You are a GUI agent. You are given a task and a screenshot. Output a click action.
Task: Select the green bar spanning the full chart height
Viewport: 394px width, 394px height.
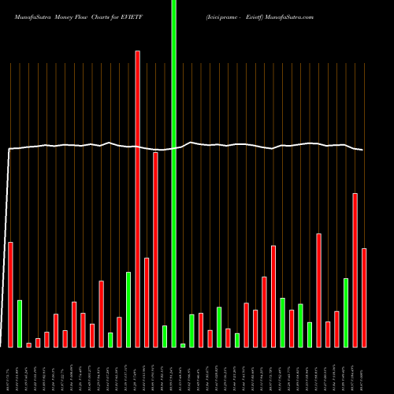click(x=173, y=173)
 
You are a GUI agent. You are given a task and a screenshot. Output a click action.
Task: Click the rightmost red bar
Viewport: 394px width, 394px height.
click(x=364, y=297)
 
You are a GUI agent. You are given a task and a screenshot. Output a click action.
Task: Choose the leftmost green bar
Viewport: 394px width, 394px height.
click(x=20, y=323)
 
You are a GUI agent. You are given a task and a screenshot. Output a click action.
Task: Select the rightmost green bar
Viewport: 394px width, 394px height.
click(x=346, y=312)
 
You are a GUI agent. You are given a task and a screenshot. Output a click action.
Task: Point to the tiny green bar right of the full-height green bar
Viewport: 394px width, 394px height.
click(x=183, y=345)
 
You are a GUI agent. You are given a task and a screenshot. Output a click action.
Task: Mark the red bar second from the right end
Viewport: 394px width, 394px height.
click(x=355, y=269)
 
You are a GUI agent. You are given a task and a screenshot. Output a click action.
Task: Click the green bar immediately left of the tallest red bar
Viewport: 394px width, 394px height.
click(x=128, y=309)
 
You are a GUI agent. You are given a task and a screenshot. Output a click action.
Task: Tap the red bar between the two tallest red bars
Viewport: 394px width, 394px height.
click(x=147, y=302)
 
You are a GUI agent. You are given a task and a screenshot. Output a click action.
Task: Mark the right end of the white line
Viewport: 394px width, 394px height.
click(x=362, y=150)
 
